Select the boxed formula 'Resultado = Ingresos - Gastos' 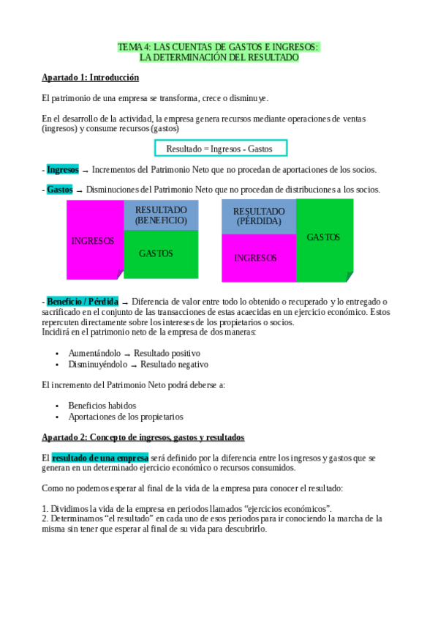(220, 149)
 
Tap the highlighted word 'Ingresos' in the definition (62, 170)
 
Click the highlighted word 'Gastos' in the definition (59, 190)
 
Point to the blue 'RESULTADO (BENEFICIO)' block (161, 215)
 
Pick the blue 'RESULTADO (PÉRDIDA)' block (259, 216)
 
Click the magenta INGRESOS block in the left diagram (94, 240)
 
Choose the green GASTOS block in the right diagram (324, 238)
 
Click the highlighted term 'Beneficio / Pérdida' (82, 302)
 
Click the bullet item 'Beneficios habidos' (102, 405)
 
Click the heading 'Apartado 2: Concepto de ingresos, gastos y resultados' (143, 437)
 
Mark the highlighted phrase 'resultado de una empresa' (99, 458)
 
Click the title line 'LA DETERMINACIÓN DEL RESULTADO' (219, 57)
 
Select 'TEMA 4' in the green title (132, 47)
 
